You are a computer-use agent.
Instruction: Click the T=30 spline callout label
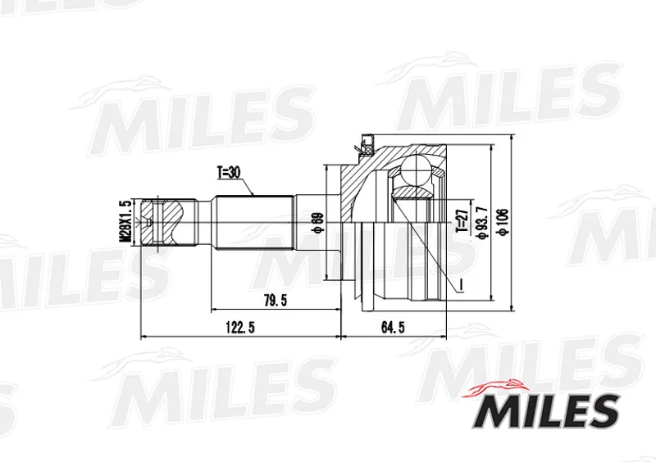point(229,172)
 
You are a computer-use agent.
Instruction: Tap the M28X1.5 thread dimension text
point(125,220)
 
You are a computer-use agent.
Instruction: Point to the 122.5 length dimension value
point(240,327)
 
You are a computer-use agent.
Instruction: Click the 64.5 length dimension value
point(393,327)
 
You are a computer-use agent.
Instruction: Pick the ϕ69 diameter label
point(318,224)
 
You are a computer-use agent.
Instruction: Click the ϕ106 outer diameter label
point(503,222)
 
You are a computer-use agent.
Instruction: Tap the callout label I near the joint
point(460,285)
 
